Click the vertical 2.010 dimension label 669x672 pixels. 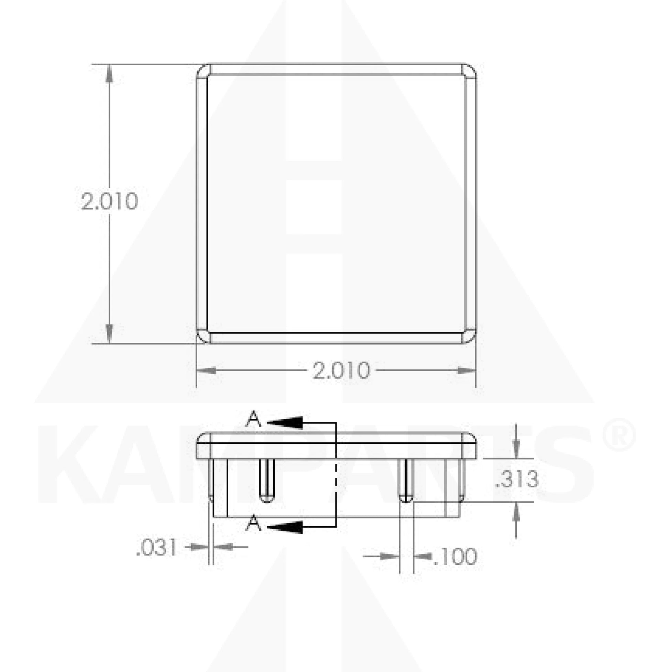tap(110, 201)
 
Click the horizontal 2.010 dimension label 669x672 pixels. tap(341, 371)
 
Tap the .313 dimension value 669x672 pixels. tap(517, 479)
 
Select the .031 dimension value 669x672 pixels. tap(156, 548)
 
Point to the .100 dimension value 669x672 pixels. tap(455, 557)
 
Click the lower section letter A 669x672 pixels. tap(253, 524)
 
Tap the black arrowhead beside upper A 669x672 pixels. tap(285, 422)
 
